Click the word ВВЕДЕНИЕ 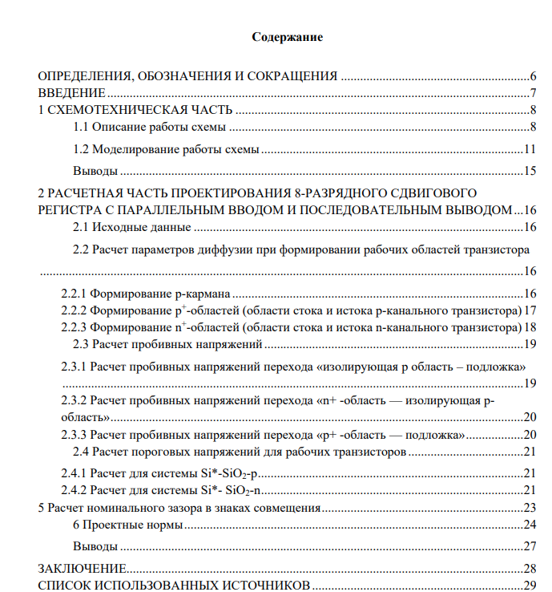pos(72,93)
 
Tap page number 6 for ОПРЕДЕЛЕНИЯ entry pos(532,76)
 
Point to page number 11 pos(529,149)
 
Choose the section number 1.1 pos(81,128)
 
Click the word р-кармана pos(198,293)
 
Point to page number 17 pos(529,310)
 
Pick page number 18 pos(529,327)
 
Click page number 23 pos(529,508)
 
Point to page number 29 pos(529,585)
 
